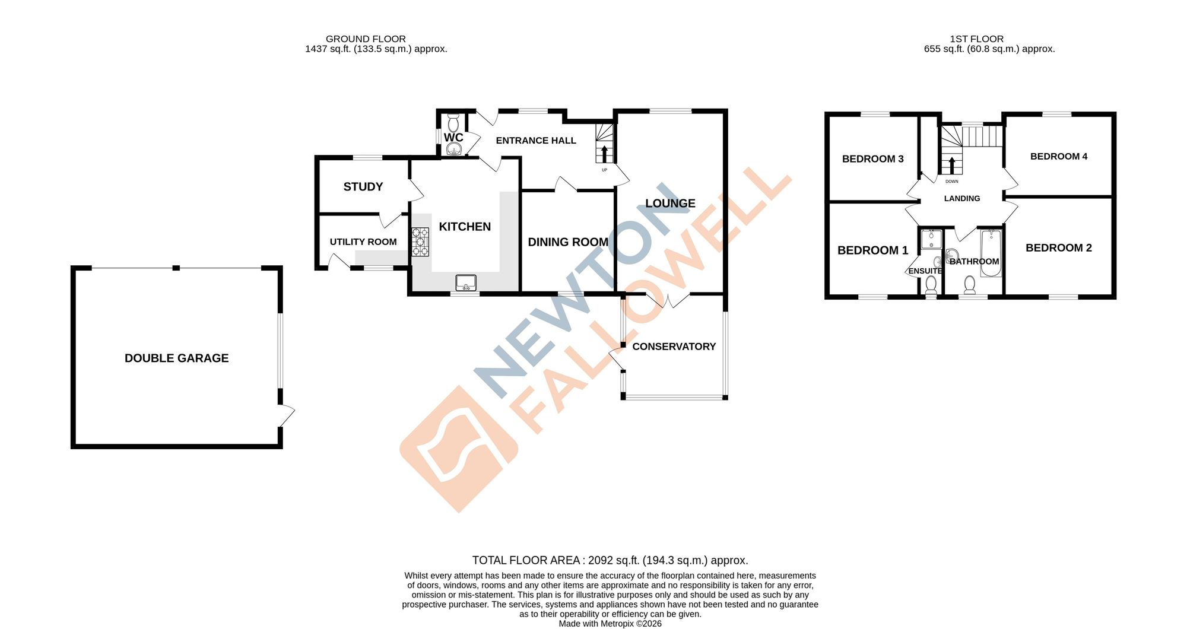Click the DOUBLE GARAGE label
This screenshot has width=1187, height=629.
click(176, 358)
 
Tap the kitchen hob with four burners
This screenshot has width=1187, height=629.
click(420, 242)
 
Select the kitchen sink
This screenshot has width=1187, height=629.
click(466, 283)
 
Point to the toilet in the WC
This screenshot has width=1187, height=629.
click(453, 123)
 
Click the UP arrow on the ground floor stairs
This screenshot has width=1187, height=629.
click(604, 154)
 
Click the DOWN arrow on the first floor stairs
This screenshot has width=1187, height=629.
click(952, 165)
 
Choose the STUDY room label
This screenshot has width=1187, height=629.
click(363, 186)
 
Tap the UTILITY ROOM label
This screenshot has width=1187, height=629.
click(363, 242)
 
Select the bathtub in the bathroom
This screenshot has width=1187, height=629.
click(991, 253)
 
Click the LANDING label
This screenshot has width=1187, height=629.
click(961, 198)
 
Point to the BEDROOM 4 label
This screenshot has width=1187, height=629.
click(1058, 156)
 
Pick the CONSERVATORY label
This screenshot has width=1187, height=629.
click(674, 346)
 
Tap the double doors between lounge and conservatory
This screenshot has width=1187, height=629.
click(668, 300)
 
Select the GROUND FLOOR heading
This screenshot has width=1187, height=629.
click(366, 39)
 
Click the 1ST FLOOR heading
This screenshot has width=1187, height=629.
click(976, 39)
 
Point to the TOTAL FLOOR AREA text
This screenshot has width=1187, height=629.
click(610, 560)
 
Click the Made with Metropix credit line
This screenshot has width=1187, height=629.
click(610, 623)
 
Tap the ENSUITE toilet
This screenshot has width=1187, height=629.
click(931, 285)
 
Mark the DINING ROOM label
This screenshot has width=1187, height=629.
click(567, 242)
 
